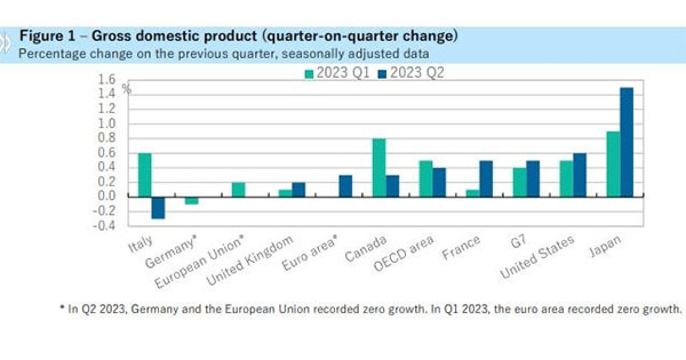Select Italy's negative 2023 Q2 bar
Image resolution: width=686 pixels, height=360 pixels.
coord(158,207)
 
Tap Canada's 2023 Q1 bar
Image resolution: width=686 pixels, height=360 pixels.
coord(378,167)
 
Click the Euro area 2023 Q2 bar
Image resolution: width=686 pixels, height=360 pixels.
coord(345,186)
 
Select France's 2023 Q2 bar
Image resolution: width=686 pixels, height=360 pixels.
coord(486,178)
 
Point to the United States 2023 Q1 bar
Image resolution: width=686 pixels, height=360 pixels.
coord(566,178)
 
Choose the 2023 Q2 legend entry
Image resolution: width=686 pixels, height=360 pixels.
coord(410,73)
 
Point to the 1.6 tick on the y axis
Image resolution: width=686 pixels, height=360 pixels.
coord(107,79)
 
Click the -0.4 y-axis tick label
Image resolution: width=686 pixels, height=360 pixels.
coord(105,226)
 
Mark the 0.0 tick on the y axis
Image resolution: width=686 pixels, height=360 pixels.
coord(107,196)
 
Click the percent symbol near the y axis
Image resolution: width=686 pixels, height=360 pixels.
coord(126,89)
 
